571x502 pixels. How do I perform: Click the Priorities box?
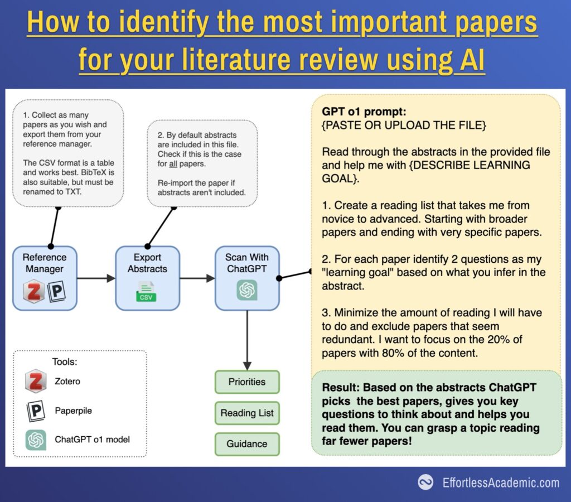tap(247, 382)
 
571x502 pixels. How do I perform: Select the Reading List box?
tap(247, 413)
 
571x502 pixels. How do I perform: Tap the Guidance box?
tap(247, 444)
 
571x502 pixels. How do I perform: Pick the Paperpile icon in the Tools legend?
tap(36, 411)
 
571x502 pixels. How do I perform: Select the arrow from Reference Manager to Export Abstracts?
tap(96, 278)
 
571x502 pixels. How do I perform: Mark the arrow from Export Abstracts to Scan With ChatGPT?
tap(197, 278)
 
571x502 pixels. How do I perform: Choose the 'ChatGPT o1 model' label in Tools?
tap(92, 440)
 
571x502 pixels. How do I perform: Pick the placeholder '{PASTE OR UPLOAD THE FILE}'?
tap(404, 125)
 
